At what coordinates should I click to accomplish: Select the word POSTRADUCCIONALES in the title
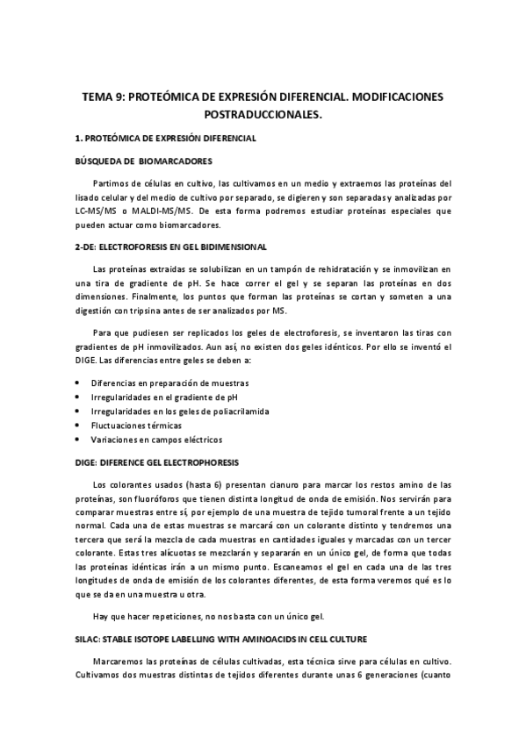pyautogui.click(x=263, y=114)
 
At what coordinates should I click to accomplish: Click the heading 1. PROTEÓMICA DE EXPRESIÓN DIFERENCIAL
pyautogui.click(x=165, y=139)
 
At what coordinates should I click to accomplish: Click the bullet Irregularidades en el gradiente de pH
pyautogui.click(x=170, y=397)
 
